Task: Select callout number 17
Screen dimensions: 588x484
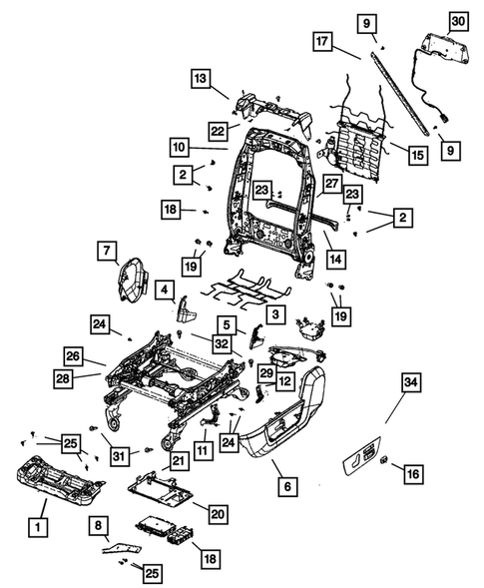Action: (322, 43)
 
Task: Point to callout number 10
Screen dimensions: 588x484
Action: (179, 147)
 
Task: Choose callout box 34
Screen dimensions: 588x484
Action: (411, 382)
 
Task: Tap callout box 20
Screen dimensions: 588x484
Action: (217, 512)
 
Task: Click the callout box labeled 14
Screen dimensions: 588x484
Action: (336, 258)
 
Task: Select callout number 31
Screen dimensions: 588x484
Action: (121, 456)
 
